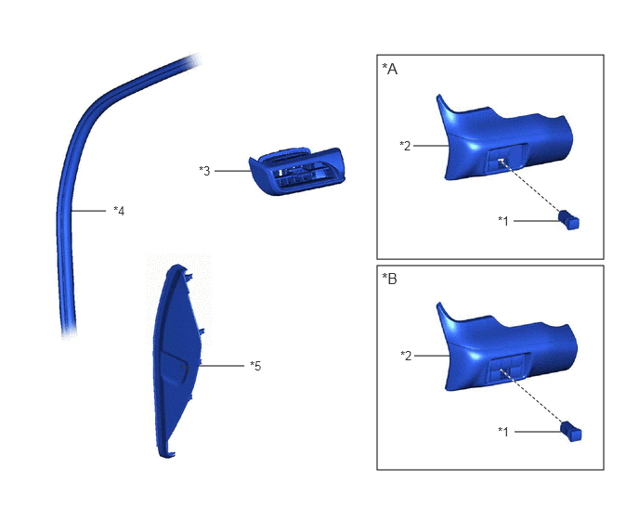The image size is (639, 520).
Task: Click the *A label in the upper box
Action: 389,70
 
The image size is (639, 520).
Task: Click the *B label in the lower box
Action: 389,279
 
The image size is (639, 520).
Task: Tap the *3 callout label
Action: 204,171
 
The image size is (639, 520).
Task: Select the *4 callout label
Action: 119,211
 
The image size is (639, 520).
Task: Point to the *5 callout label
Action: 255,366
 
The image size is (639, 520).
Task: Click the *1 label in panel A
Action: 503,221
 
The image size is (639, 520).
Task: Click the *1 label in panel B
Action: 503,432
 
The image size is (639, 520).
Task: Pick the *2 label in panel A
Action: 406,146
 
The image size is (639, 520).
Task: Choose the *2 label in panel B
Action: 406,356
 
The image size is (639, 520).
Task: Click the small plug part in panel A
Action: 569,220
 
